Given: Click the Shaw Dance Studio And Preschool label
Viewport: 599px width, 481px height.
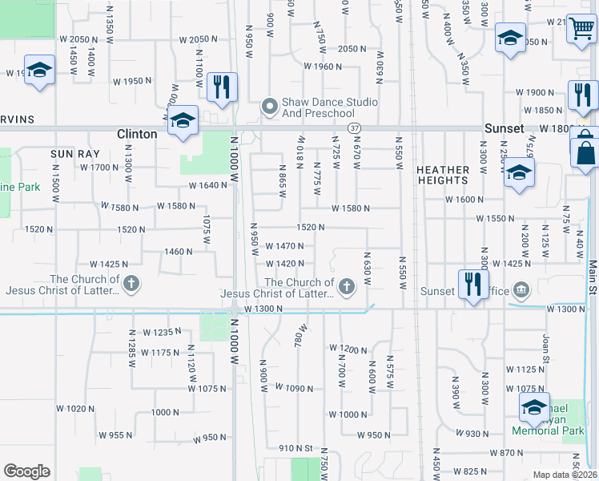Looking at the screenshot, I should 329,107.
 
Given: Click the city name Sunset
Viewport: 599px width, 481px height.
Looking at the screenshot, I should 505,128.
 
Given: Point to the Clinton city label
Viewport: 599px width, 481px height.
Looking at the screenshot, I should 137,134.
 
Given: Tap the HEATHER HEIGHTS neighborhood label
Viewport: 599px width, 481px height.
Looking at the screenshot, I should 443,175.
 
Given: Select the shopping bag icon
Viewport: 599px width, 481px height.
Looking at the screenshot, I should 586,151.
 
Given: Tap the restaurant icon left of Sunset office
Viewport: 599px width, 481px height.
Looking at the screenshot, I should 472,284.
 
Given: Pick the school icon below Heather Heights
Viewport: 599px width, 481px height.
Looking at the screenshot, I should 519,173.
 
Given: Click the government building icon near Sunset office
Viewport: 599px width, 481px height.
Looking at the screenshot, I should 521,289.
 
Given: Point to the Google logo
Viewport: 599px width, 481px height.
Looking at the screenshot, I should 26,471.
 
